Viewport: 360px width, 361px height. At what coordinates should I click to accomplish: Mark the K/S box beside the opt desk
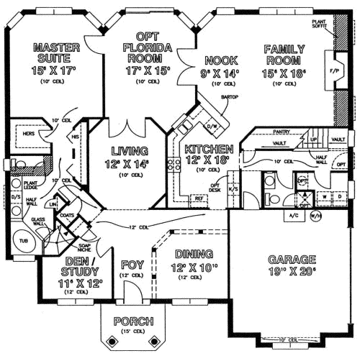coord(234,189)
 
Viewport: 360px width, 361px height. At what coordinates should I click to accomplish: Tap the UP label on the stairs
coord(313,139)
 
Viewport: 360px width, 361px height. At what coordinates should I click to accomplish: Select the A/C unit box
coord(293,215)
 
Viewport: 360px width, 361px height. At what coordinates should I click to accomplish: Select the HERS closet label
coord(30,134)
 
